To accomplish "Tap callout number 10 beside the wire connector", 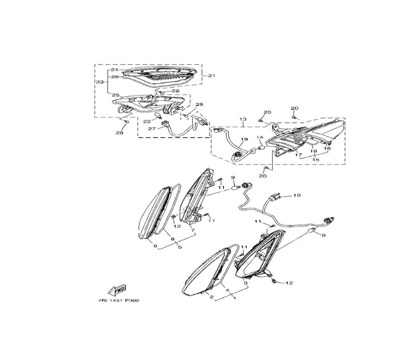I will click(x=297, y=196).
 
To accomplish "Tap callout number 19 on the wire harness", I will click(x=244, y=139).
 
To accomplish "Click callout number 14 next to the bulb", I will click(x=259, y=137).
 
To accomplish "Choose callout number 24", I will click(x=103, y=70).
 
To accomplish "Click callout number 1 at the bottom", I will click(x=234, y=299).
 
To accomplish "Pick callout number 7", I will click(x=193, y=231).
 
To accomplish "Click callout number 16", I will click(x=327, y=148).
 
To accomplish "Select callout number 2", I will click(x=212, y=297).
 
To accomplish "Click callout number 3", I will click(x=245, y=283).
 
